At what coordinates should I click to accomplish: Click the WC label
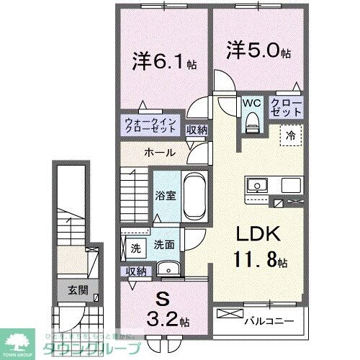[x=250, y=102]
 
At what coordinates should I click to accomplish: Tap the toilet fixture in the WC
[x=251, y=123]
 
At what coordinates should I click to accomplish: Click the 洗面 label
[x=164, y=244]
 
